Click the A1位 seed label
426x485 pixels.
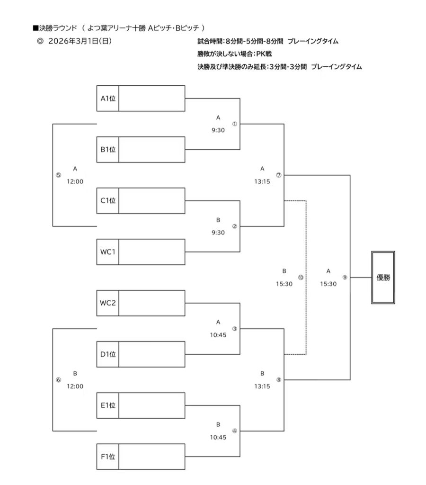(107, 99)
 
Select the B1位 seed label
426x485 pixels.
(107, 150)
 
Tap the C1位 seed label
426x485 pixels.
(107, 200)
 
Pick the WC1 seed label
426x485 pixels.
(107, 251)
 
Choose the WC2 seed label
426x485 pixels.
(107, 303)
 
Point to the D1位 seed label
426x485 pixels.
(107, 354)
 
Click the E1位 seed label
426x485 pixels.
(107, 405)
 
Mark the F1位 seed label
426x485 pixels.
(107, 457)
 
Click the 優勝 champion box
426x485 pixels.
(383, 278)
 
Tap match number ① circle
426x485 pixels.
(234, 124)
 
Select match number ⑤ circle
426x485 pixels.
(58, 175)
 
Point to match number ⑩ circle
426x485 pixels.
(301, 278)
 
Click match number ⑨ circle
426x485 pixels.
(345, 278)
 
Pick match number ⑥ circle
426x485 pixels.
(58, 380)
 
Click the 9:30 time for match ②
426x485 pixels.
(218, 233)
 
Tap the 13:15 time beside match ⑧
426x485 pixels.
(262, 386)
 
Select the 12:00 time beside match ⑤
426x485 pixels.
(75, 181)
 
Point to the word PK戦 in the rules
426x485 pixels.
(264, 54)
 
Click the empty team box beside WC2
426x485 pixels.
(151, 303)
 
